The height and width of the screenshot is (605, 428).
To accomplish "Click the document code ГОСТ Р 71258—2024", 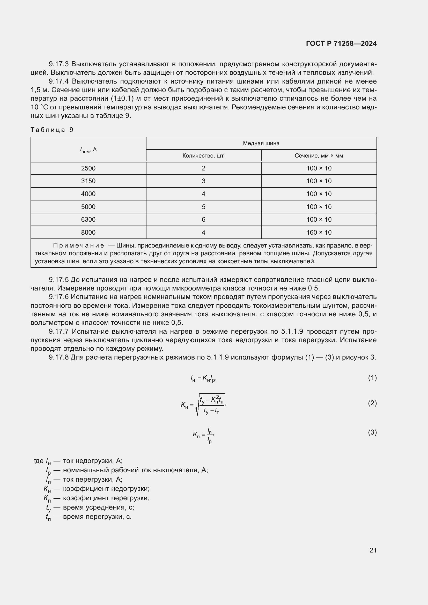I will coord(341,43).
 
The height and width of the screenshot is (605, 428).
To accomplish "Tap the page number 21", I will coord(373,550).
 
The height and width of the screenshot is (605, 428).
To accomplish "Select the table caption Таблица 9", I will coord(52,130).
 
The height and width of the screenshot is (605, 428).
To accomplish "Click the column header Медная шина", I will coord(261,143).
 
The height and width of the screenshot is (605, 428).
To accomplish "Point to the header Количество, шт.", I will coord(203,156).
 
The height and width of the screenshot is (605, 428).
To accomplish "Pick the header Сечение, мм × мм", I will coord(319,156).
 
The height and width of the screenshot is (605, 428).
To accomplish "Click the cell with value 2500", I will coord(88,168).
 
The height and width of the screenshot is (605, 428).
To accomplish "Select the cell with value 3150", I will coord(88,181).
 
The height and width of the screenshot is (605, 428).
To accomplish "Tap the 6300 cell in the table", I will coord(88,220).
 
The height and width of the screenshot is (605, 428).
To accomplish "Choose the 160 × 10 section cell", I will coord(319,233).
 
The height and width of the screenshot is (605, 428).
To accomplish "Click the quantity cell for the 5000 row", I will coord(203,207).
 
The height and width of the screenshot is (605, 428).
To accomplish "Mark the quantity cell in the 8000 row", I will coord(203,233).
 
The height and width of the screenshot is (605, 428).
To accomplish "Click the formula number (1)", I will coord(372,378).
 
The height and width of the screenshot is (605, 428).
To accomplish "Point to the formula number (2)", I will coord(372,403).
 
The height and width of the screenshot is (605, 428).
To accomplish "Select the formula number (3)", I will coord(372,432).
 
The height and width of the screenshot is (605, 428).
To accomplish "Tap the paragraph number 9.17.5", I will coord(58,280).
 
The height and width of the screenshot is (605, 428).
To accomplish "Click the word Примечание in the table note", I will coord(79,245).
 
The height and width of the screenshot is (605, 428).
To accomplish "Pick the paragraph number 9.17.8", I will coord(58,357).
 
